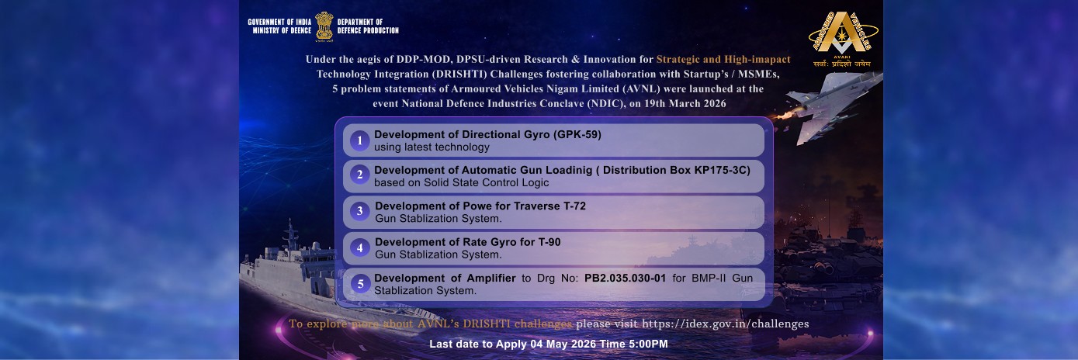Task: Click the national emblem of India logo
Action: (324, 26)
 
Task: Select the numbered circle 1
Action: (359, 140)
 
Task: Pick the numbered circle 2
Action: (359, 175)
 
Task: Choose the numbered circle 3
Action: (359, 211)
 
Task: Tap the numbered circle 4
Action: (359, 247)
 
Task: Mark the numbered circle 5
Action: (359, 284)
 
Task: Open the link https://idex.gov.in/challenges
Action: (725, 324)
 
